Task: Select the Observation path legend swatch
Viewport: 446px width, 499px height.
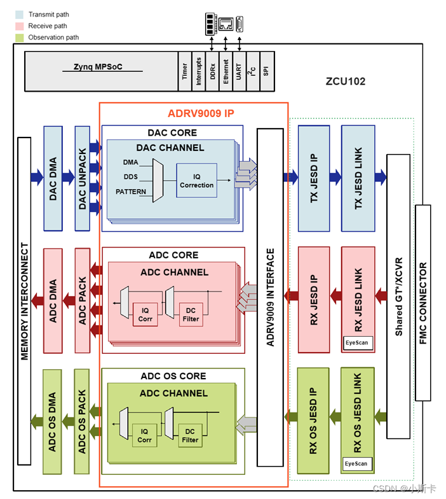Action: click(x=19, y=38)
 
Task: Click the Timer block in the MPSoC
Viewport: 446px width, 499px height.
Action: click(x=185, y=71)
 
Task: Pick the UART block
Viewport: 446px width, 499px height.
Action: click(x=239, y=71)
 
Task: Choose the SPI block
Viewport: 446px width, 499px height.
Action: click(x=266, y=71)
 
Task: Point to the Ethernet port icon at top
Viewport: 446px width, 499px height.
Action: click(x=226, y=23)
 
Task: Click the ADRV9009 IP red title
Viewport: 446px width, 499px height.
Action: click(x=201, y=114)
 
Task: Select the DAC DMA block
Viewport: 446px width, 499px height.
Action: click(x=53, y=178)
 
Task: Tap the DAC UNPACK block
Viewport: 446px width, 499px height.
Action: click(x=83, y=178)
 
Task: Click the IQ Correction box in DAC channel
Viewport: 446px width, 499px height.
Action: click(x=196, y=180)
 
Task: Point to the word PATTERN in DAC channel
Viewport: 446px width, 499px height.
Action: click(x=130, y=192)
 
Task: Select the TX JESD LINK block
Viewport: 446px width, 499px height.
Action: click(x=358, y=177)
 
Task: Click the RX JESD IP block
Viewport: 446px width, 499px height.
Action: click(x=314, y=299)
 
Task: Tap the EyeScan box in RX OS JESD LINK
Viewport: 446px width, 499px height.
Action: click(x=356, y=463)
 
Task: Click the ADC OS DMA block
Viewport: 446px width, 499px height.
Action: click(x=53, y=421)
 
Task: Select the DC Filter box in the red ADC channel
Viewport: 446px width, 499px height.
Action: click(x=191, y=314)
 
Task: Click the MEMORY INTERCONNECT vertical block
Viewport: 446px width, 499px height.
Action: click(x=25, y=300)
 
